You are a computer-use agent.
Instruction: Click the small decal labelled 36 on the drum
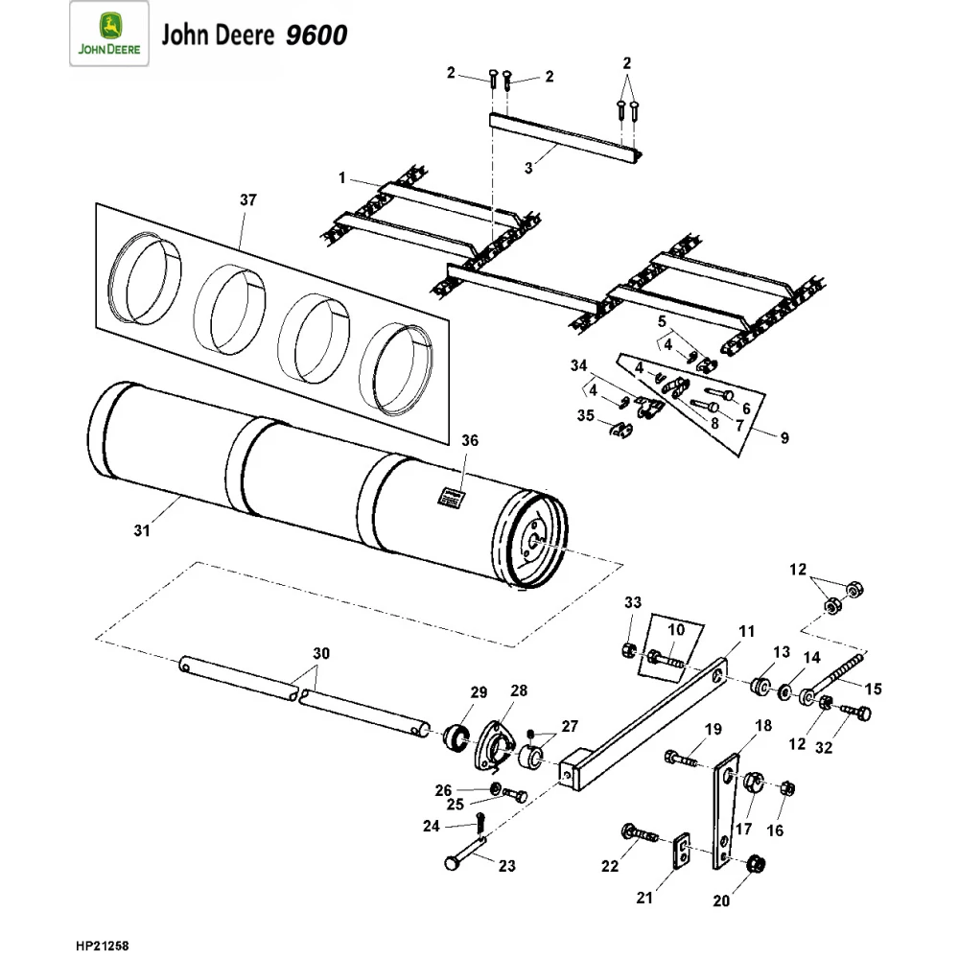451,496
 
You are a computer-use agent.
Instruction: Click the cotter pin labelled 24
479,822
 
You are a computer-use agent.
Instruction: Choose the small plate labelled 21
682,850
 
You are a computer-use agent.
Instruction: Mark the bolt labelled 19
680,759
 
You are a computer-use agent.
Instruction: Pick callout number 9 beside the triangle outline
784,438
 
